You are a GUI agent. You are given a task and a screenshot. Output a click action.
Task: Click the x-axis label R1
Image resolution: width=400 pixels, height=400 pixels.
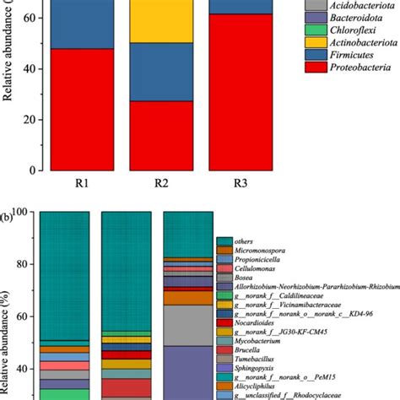[x=70, y=182]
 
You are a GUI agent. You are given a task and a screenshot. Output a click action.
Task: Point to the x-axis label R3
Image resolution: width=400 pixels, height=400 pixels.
[x=193, y=182]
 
